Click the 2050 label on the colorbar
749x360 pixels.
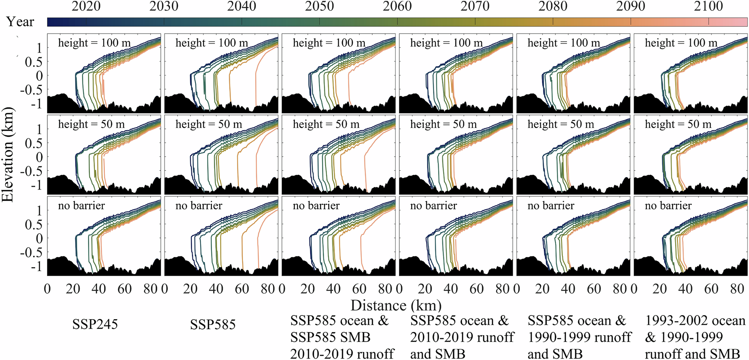pyautogui.click(x=319, y=6)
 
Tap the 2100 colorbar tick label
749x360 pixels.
pyautogui.click(x=708, y=6)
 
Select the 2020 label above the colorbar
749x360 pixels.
pyautogui.click(x=86, y=6)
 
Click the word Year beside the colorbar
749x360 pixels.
pyautogui.click(x=20, y=22)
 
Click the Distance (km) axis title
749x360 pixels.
pyautogui.click(x=396, y=306)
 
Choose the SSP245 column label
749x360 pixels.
pyautogui.click(x=95, y=324)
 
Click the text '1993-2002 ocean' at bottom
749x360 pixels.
pyautogui.click(x=695, y=321)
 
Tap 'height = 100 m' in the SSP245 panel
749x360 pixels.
pyautogui.click(x=94, y=43)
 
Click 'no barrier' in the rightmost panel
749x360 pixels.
pyautogui.click(x=668, y=206)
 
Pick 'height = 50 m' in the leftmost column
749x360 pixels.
pyautogui.click(x=91, y=124)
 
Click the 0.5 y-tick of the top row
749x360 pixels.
pyautogui.click(x=33, y=62)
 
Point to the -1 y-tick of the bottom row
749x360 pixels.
pyautogui.click(x=36, y=266)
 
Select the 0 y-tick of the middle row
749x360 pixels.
pyautogui.click(x=39, y=157)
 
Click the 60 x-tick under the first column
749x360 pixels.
pyautogui.click(x=124, y=289)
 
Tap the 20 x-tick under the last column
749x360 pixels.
pyautogui.click(x=659, y=289)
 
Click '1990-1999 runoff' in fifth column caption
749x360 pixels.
pyautogui.click(x=579, y=337)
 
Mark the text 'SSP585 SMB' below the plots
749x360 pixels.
pyautogui.click(x=330, y=337)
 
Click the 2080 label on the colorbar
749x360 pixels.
pyautogui.click(x=552, y=6)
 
